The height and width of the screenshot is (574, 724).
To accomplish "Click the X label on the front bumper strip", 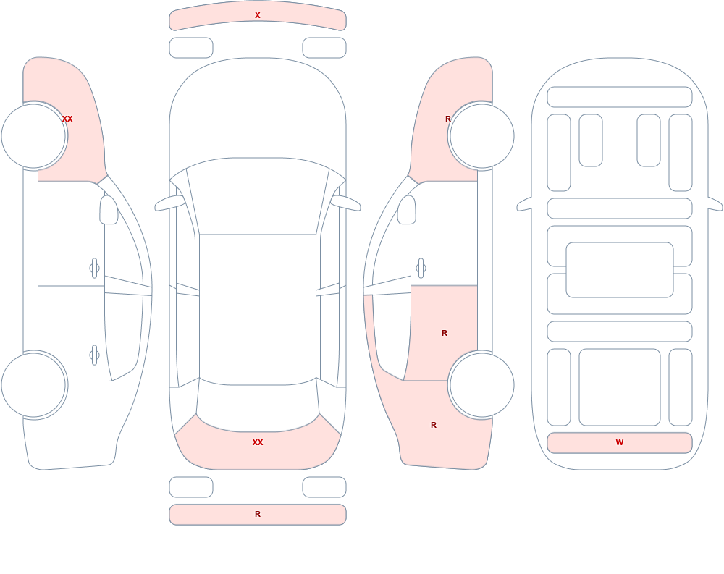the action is point(258,15).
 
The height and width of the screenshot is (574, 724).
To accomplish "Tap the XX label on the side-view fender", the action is point(67,119).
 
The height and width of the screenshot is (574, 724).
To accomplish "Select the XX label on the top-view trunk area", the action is point(258,442).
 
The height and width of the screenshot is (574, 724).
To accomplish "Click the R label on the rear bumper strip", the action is point(258,514).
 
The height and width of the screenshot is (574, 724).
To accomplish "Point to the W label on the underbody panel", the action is point(620,442).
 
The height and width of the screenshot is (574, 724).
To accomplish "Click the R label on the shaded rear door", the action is point(445,333).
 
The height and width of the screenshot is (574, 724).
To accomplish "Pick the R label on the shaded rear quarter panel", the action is point(434,425).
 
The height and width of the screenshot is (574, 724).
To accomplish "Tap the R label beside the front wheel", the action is point(448,119).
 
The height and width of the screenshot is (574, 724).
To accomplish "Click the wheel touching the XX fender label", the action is point(34,136).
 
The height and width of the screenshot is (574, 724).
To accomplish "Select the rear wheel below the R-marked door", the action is point(481,384).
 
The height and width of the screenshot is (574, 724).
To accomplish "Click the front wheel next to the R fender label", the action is point(481,136).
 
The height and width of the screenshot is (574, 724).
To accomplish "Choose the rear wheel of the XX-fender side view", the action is point(34,384).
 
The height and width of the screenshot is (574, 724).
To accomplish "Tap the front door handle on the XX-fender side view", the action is point(95,268).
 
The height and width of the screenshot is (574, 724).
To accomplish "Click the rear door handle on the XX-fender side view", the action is point(95,355).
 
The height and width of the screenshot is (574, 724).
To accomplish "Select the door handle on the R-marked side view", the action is point(421,268).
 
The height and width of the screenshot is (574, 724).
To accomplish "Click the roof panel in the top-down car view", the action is point(258,308).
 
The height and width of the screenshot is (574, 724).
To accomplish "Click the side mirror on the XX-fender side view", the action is point(109,210).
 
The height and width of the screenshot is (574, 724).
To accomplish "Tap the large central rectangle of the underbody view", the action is point(620,270).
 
